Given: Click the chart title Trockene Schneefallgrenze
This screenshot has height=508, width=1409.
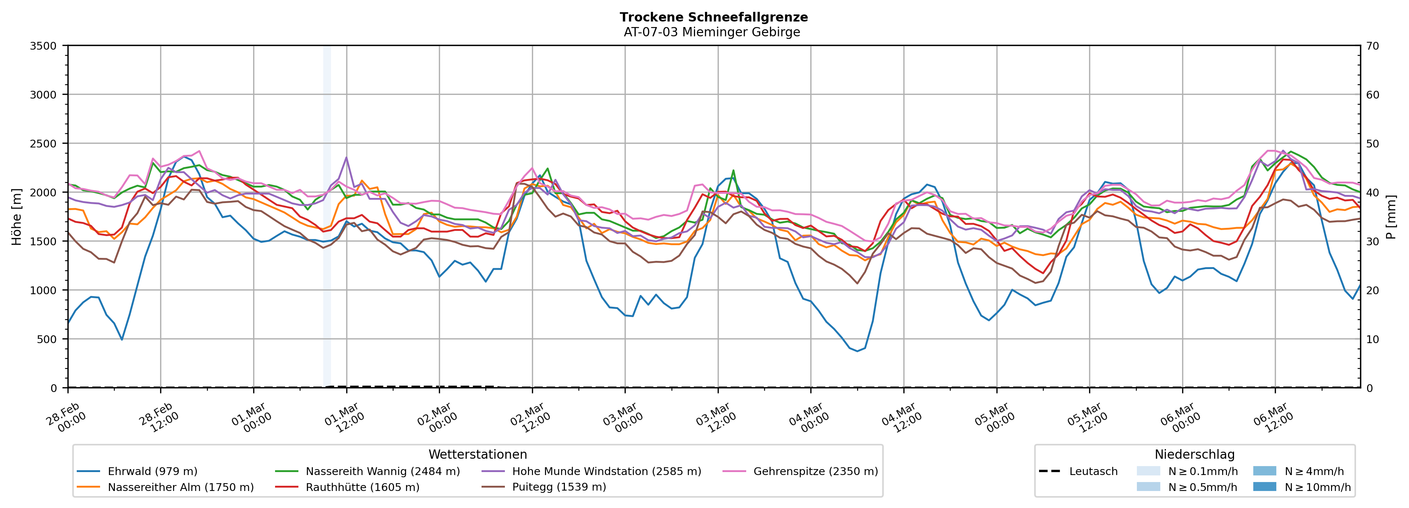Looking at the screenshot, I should (x=713, y=17).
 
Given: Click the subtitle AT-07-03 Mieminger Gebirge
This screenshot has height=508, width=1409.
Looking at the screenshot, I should (x=712, y=32).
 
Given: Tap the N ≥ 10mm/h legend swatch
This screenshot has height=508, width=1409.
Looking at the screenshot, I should (x=1264, y=487).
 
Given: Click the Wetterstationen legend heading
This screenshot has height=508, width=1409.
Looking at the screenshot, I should (x=477, y=454).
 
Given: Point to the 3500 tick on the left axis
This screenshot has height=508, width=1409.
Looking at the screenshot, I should (x=43, y=46).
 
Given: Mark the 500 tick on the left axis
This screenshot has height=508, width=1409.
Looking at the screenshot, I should (x=47, y=339).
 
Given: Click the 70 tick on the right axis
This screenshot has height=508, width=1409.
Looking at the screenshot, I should (x=1372, y=46).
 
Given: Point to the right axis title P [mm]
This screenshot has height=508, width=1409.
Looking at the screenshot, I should (x=1391, y=216).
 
